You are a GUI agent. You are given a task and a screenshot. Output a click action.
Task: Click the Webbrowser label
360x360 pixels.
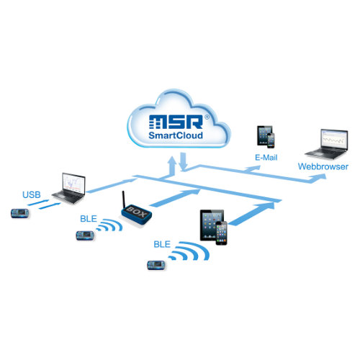(x=323, y=167)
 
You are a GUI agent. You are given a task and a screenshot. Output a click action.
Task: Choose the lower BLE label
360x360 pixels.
(x=162, y=244)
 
